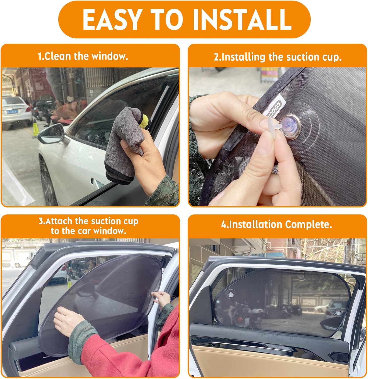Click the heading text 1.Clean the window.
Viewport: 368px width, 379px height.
[83, 56]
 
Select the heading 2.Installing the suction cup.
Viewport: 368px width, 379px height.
[278, 57]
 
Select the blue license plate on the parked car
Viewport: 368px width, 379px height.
[12, 111]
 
